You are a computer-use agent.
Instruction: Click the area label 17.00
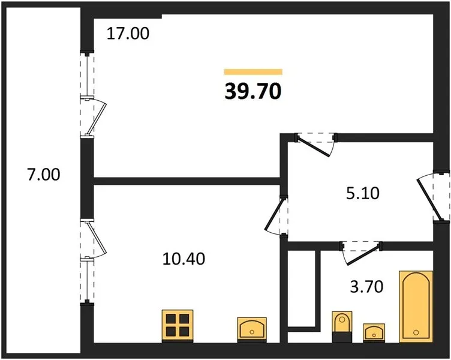pos(128,34)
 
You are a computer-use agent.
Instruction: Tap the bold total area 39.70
pos(253,92)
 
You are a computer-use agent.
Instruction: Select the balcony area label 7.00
pos(44,175)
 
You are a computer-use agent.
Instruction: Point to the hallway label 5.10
pos(363,193)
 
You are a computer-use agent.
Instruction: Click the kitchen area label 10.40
pos(184,259)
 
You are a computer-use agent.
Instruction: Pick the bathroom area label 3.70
pos(366,287)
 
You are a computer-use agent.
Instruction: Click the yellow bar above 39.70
pos(253,71)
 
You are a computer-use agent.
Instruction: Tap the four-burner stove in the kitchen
pos(178,326)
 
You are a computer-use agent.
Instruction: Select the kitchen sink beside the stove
pos(252,329)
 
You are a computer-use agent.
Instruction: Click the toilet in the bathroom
pos(342,326)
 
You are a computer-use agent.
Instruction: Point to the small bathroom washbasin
pos(374,333)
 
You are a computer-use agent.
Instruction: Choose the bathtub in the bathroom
pos(416,307)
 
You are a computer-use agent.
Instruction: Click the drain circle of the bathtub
pos(416,332)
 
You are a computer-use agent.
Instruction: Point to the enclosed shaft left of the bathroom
pos(302,288)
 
